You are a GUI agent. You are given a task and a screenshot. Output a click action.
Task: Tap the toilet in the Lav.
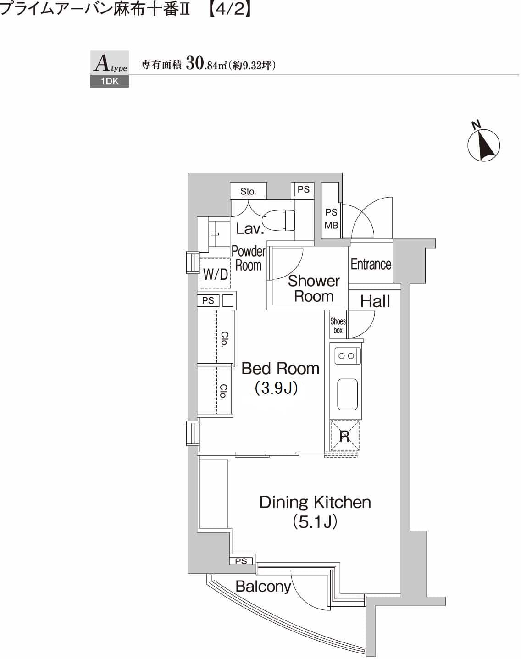[279, 221]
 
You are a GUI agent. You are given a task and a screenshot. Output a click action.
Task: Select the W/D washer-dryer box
[215, 274]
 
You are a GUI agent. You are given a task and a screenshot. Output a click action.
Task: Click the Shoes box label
[338, 326]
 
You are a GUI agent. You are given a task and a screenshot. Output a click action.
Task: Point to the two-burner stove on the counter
[347, 356]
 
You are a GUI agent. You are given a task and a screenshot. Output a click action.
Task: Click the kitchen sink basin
[347, 394]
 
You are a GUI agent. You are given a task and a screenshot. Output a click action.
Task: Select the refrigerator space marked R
[344, 436]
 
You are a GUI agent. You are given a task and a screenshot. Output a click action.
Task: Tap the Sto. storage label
[248, 192]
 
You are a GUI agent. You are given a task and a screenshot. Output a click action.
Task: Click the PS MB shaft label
[332, 219]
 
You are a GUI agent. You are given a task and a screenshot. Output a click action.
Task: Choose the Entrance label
[371, 264]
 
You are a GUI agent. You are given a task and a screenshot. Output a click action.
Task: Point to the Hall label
[375, 301]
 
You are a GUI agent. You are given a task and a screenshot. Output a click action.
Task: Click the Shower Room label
[314, 288]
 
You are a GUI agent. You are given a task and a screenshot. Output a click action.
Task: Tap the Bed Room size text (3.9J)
[276, 388]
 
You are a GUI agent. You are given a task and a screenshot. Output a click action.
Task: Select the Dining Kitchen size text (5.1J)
[315, 522]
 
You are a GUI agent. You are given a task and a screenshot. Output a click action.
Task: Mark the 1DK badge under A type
[110, 82]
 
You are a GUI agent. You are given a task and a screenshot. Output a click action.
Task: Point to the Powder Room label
[249, 259]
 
